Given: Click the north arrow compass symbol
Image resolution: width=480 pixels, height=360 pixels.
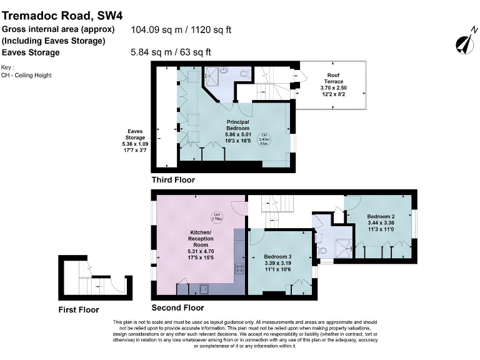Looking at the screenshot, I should coord(464,41).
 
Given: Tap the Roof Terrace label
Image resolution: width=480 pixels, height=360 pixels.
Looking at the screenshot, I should coord(333,77).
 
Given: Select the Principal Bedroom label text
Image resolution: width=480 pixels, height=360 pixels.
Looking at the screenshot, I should coord(237,125).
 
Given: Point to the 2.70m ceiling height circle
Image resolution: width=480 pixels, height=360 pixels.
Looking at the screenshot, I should coord(217,217).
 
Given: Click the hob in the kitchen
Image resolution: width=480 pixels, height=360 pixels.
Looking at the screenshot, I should coord(239,269).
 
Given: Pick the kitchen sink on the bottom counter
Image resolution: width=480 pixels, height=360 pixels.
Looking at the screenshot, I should coord(203,289).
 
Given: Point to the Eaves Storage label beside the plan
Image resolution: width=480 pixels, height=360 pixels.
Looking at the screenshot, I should coord(135,135).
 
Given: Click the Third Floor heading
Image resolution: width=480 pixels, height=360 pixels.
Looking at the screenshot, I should coord(173,180).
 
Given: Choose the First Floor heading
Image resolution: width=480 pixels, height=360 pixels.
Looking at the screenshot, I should coord(78,309).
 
